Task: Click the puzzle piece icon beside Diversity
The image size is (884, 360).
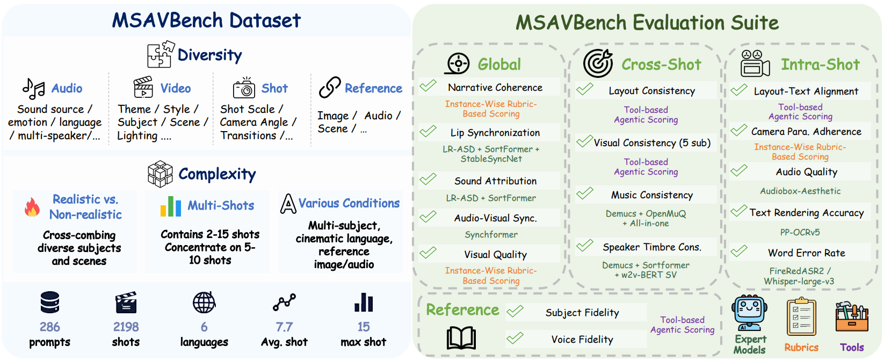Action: [x=161, y=54]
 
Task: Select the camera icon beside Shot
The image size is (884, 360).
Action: [x=244, y=88]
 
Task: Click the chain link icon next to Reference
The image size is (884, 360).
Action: [x=330, y=87]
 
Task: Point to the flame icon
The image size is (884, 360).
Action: [x=32, y=207]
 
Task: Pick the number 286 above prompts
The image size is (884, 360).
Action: [x=50, y=327]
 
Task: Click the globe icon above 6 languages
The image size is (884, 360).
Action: [x=204, y=303]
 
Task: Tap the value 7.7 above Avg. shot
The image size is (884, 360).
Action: [x=284, y=327]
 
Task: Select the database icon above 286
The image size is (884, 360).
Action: [x=50, y=303]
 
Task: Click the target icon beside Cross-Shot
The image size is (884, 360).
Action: [x=598, y=63]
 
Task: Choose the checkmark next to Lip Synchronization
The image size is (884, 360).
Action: [x=428, y=131]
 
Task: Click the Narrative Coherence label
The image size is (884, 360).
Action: [x=495, y=87]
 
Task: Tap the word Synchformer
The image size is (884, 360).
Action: [x=491, y=234]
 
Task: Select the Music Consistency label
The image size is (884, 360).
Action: [x=652, y=195]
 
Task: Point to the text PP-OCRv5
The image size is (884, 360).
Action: [x=800, y=232]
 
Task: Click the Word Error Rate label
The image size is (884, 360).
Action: [x=806, y=253]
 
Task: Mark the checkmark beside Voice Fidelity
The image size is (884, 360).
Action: [x=515, y=338]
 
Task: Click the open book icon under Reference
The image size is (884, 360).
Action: [x=461, y=338]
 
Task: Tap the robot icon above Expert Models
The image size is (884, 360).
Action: [x=749, y=313]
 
